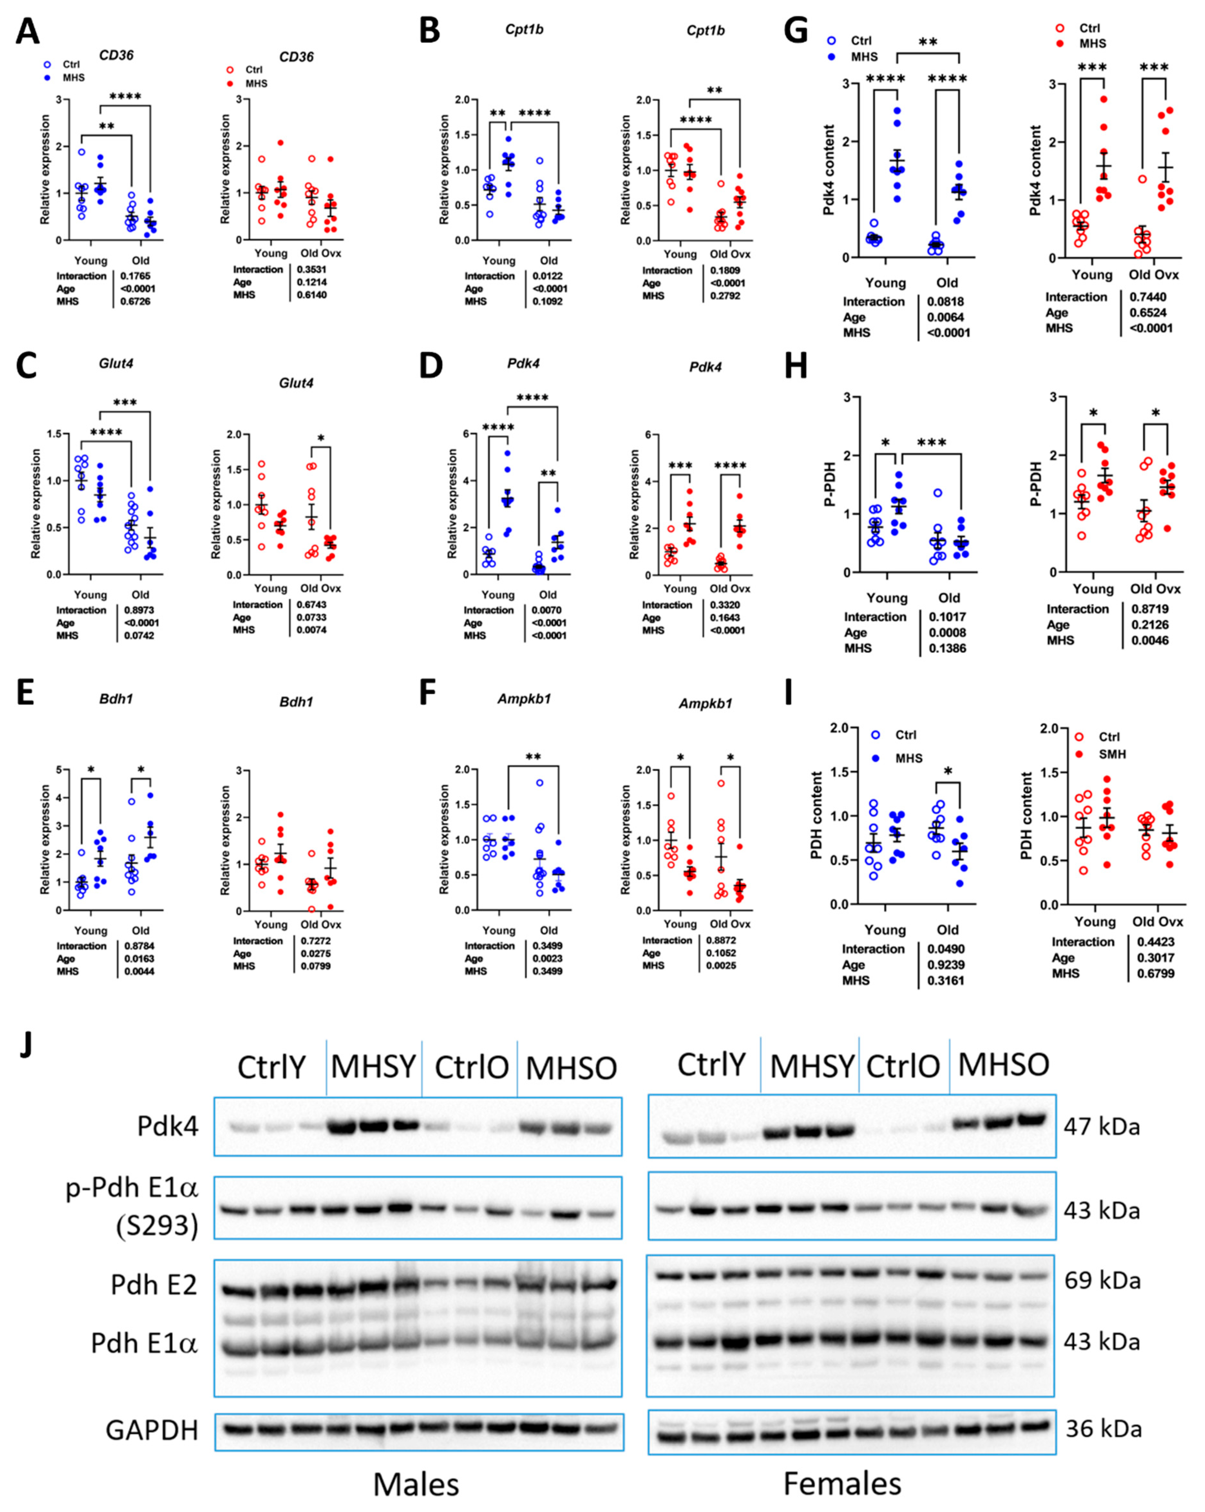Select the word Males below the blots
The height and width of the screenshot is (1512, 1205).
416,1484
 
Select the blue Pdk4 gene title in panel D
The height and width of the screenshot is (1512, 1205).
523,363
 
